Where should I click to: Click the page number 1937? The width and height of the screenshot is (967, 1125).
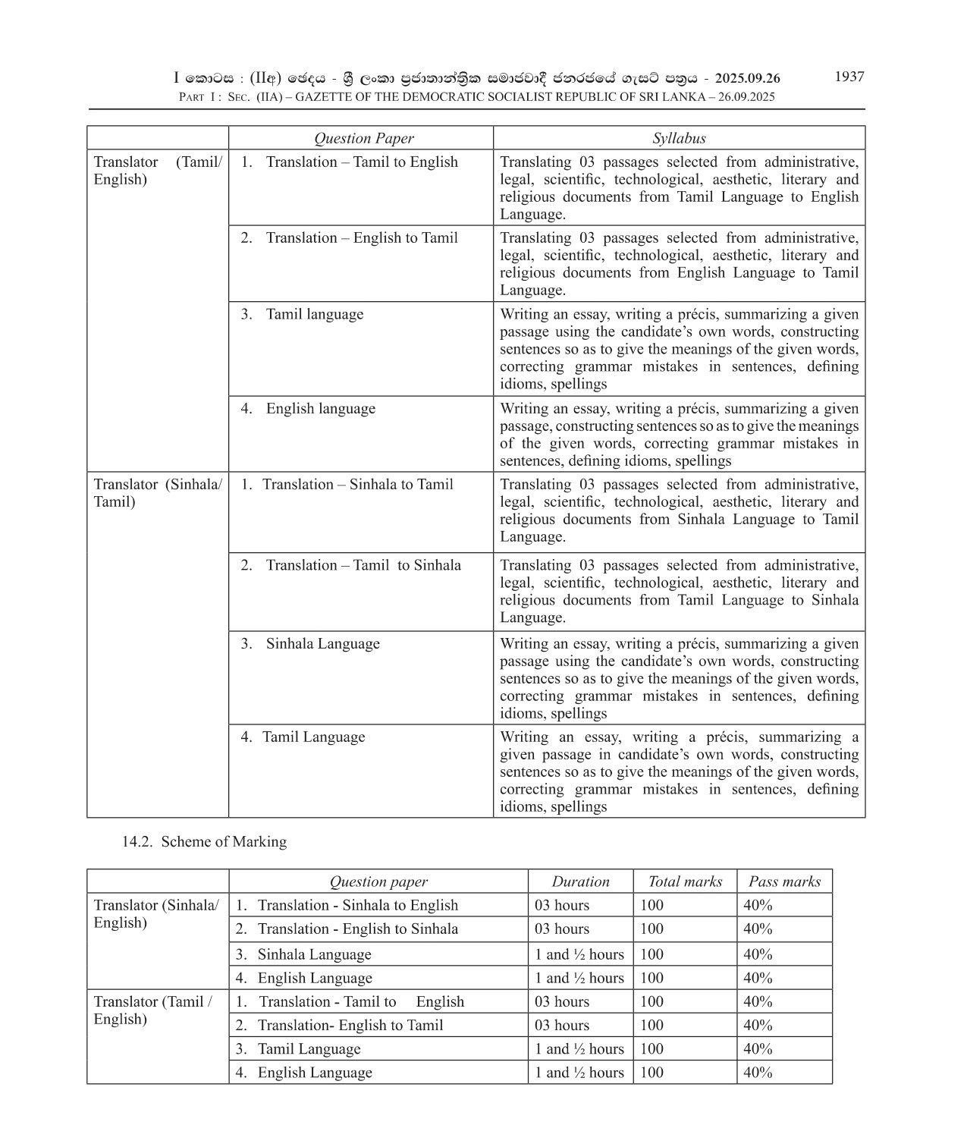click(849, 77)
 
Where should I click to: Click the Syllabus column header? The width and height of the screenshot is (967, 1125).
click(679, 138)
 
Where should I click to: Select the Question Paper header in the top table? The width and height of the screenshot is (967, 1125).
click(364, 138)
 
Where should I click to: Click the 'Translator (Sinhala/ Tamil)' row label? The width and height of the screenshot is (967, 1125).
click(158, 492)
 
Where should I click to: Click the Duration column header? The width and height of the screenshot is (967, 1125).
click(580, 881)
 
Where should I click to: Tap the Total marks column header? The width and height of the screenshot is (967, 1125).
click(685, 881)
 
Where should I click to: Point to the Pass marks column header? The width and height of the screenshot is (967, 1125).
click(784, 881)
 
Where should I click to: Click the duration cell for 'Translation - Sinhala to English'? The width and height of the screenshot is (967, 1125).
click(562, 905)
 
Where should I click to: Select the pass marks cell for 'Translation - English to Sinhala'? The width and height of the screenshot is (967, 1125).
click(758, 929)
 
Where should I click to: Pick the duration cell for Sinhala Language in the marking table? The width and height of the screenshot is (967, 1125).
click(579, 954)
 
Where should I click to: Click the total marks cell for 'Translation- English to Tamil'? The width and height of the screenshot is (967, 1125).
click(651, 1025)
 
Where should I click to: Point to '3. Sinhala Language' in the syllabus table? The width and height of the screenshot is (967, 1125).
click(322, 643)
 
